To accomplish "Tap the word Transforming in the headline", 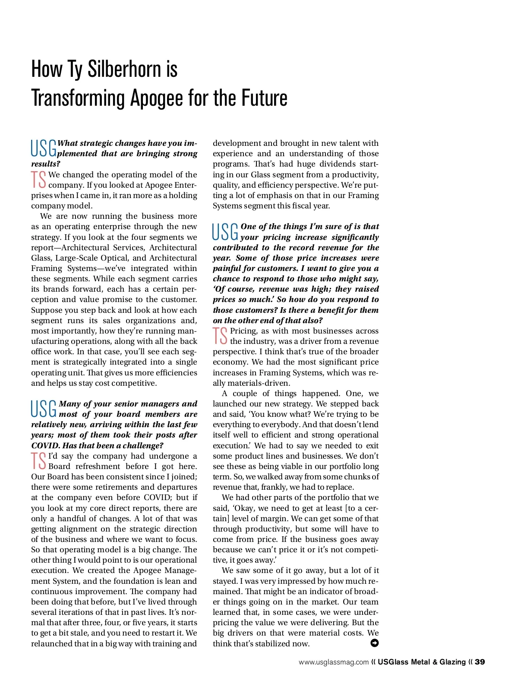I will pyautogui.click(x=78, y=98).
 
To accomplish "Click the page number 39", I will pyautogui.click(x=480, y=662).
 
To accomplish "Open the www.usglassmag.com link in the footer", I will pyautogui.click(x=333, y=662).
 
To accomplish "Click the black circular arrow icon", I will pyautogui.click(x=374, y=643).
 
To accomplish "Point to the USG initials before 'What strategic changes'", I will pyautogui.click(x=44, y=148).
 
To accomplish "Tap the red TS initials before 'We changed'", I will pyautogui.click(x=39, y=179).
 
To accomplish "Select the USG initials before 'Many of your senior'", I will pyautogui.click(x=44, y=409).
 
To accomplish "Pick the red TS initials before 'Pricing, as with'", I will pyautogui.click(x=220, y=336).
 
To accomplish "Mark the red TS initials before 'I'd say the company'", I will pyautogui.click(x=39, y=461).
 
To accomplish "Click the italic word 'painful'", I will pyautogui.click(x=227, y=268).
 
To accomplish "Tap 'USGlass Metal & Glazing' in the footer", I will pyautogui.click(x=421, y=662).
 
